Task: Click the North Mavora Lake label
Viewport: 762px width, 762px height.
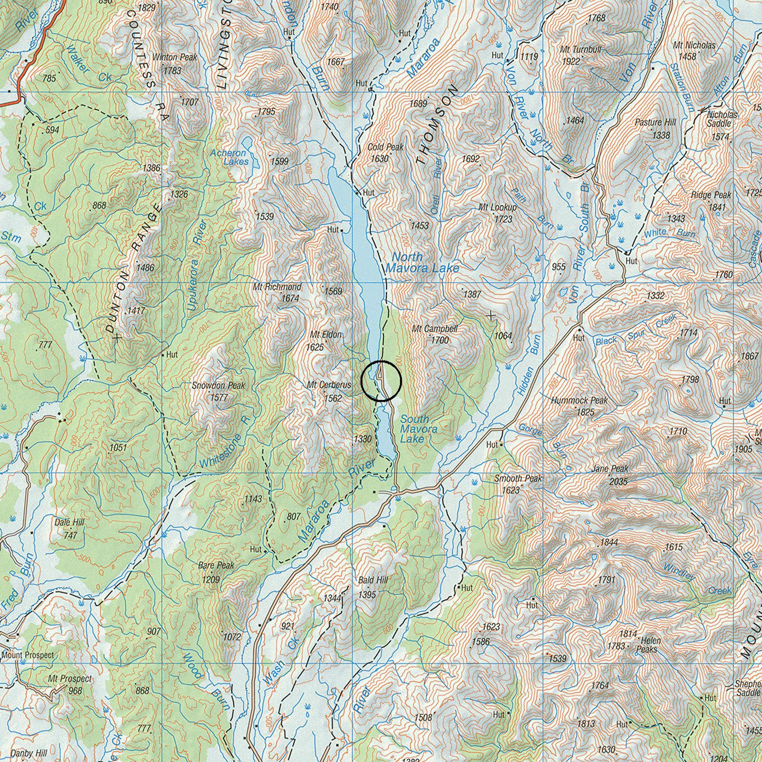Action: point(422,262)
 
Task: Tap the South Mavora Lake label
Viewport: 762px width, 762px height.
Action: point(418,429)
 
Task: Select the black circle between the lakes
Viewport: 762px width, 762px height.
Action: point(381,381)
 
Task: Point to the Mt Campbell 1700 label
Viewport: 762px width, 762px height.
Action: point(435,334)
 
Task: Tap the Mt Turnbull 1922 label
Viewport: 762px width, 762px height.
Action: point(579,55)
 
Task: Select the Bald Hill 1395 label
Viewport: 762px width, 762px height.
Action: point(373,587)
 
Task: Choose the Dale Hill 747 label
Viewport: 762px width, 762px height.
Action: point(70,529)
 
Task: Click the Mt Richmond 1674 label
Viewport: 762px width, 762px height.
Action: point(278,292)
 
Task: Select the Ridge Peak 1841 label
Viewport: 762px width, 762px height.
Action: point(711,201)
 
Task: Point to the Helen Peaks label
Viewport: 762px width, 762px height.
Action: point(647,645)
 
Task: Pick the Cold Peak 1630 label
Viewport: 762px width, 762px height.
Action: point(385,152)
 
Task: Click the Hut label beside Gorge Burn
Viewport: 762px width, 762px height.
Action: point(492,445)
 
